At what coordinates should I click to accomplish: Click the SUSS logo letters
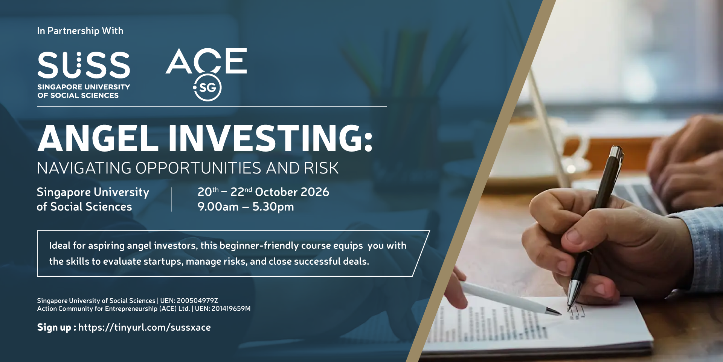pos(84,65)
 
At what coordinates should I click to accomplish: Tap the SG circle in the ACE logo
pos(207,87)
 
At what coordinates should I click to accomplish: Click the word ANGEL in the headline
pos(98,138)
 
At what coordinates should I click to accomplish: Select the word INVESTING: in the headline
pos(270,138)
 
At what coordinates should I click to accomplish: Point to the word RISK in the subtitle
pos(321,168)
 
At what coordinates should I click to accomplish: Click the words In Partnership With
pos(80,31)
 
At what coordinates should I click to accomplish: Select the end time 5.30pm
pos(273,207)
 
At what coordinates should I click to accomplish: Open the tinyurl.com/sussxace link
pos(145,327)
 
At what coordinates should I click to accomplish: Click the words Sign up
pos(54,327)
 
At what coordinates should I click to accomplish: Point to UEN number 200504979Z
pos(197,301)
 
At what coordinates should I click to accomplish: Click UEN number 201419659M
pos(231,308)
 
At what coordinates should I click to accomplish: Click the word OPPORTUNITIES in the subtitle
pos(198,168)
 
